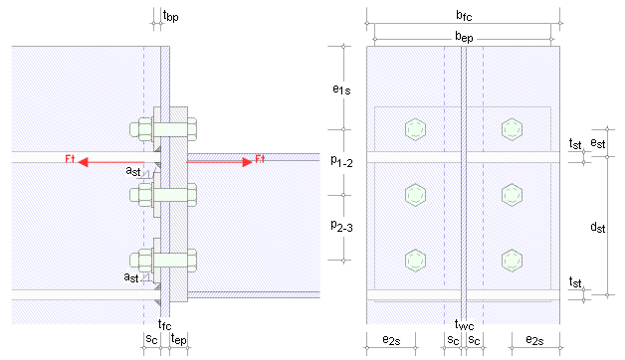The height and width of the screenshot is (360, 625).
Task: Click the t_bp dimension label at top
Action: pos(170,16)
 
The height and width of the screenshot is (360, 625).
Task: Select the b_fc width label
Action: pos(464,15)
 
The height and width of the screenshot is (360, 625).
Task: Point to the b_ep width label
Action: pos(464,37)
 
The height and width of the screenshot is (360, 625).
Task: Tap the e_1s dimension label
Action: pos(341,90)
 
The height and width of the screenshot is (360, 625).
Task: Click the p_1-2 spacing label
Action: pos(341,161)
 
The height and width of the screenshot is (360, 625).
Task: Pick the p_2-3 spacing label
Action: pos(341,226)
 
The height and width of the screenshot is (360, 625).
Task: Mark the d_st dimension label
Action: pos(598,227)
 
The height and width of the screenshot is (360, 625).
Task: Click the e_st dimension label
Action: pos(598,143)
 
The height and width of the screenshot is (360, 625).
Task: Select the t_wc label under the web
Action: pos(464,325)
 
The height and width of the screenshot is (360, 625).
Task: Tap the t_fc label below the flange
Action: pos(164,324)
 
